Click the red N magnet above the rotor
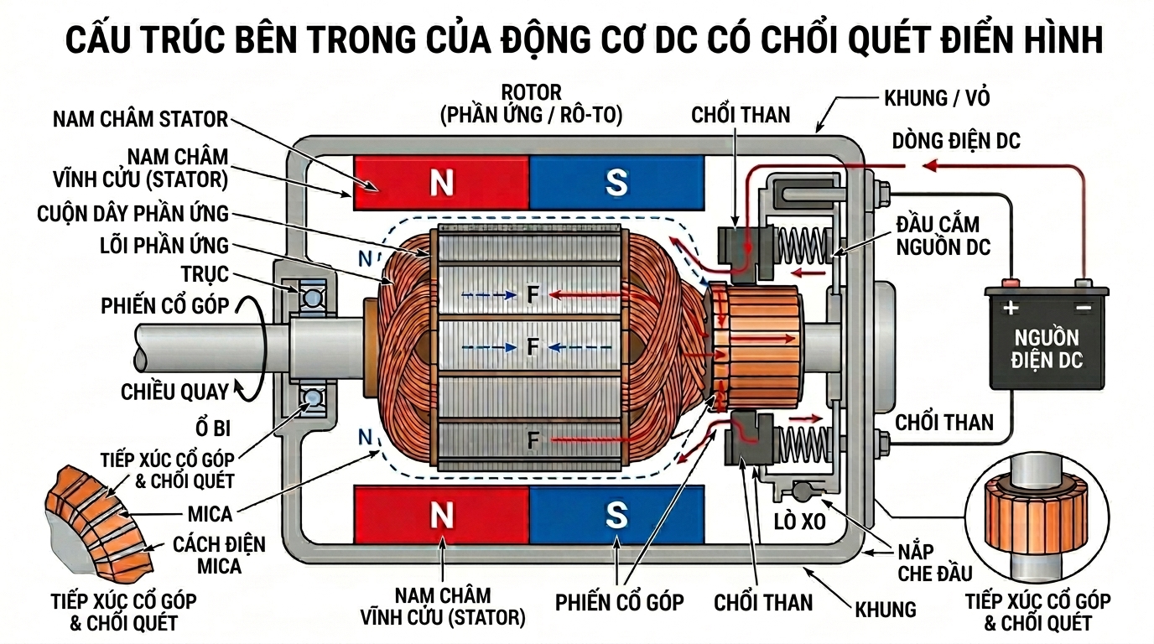coord(441,183)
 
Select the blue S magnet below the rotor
coord(616,515)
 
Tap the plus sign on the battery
coord(1011,308)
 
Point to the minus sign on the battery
coord(1084,308)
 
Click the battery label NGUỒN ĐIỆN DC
coord(1047,350)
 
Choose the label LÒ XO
coord(799,522)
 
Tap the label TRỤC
coord(204,275)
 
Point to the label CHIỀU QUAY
coord(174,392)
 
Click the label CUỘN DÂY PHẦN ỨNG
coord(133,213)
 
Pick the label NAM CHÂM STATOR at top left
coord(140,118)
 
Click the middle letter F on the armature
coord(532,345)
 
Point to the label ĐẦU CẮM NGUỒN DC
coord(943,236)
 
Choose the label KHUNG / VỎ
coord(937,98)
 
